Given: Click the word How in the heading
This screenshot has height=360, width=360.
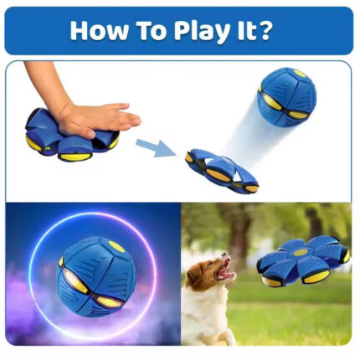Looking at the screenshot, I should (100, 31).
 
